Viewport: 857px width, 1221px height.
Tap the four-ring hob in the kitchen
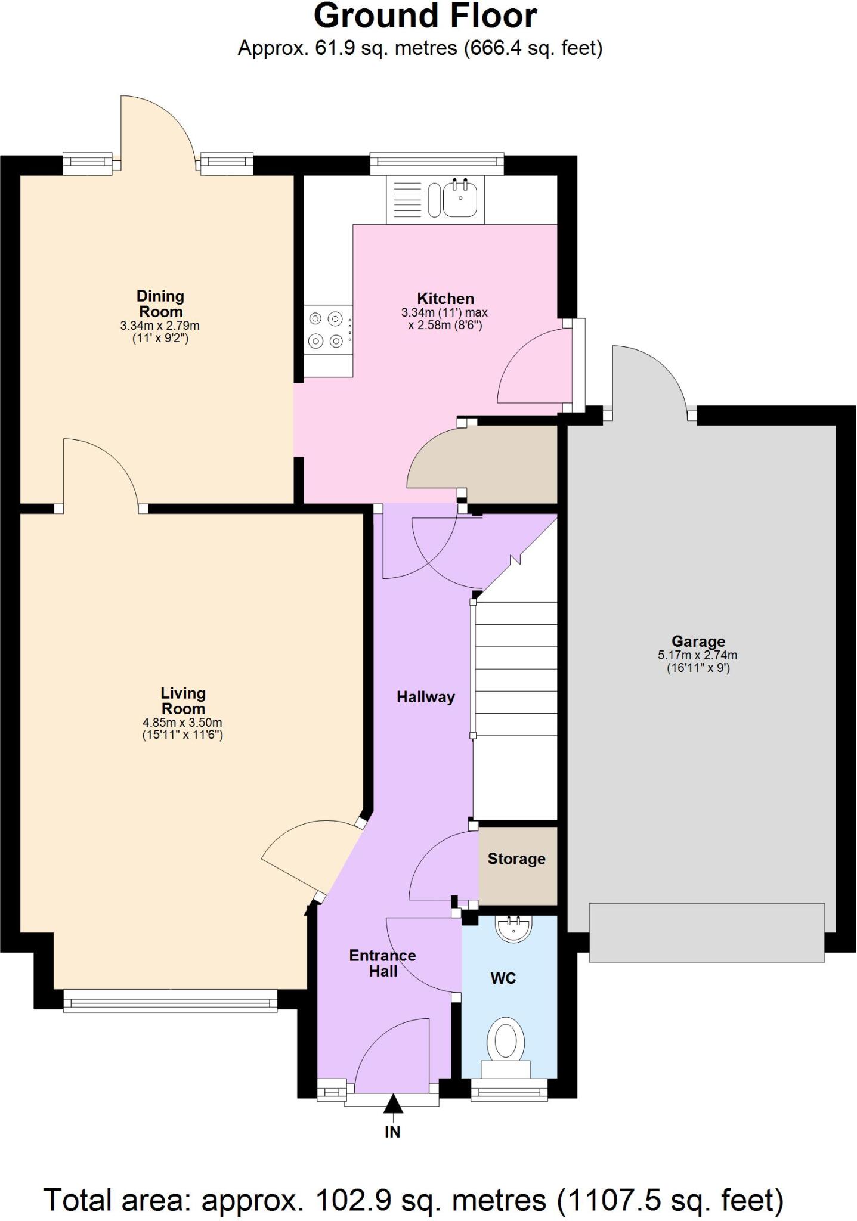click(326, 330)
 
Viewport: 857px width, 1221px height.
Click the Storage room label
click(516, 859)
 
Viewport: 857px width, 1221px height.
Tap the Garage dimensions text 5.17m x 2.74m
click(697, 655)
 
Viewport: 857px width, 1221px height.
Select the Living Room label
click(183, 701)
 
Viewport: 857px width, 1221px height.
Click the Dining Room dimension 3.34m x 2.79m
click(160, 326)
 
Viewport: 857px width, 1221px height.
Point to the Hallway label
click(426, 697)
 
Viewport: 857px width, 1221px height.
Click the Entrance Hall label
click(382, 963)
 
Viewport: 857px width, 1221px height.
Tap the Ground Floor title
click(425, 17)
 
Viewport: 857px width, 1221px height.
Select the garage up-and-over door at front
click(707, 932)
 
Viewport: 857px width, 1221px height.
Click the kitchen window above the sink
click(437, 163)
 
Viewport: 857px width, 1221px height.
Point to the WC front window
click(509, 1091)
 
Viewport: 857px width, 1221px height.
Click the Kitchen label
click(445, 299)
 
